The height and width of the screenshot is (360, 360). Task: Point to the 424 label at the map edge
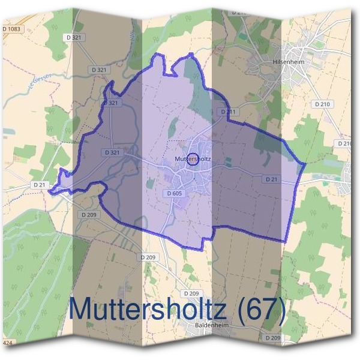click(x=7, y=343)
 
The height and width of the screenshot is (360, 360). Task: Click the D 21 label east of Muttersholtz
click(x=271, y=179)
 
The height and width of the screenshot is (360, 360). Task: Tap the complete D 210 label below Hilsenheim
click(x=322, y=104)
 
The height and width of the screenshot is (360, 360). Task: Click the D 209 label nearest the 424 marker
click(x=88, y=214)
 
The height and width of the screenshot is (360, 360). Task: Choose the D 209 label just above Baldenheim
click(x=191, y=293)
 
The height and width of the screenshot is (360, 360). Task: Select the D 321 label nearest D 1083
click(x=74, y=37)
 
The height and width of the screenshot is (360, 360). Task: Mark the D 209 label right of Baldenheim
click(x=272, y=338)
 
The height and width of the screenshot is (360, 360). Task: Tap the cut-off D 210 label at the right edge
click(x=344, y=144)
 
